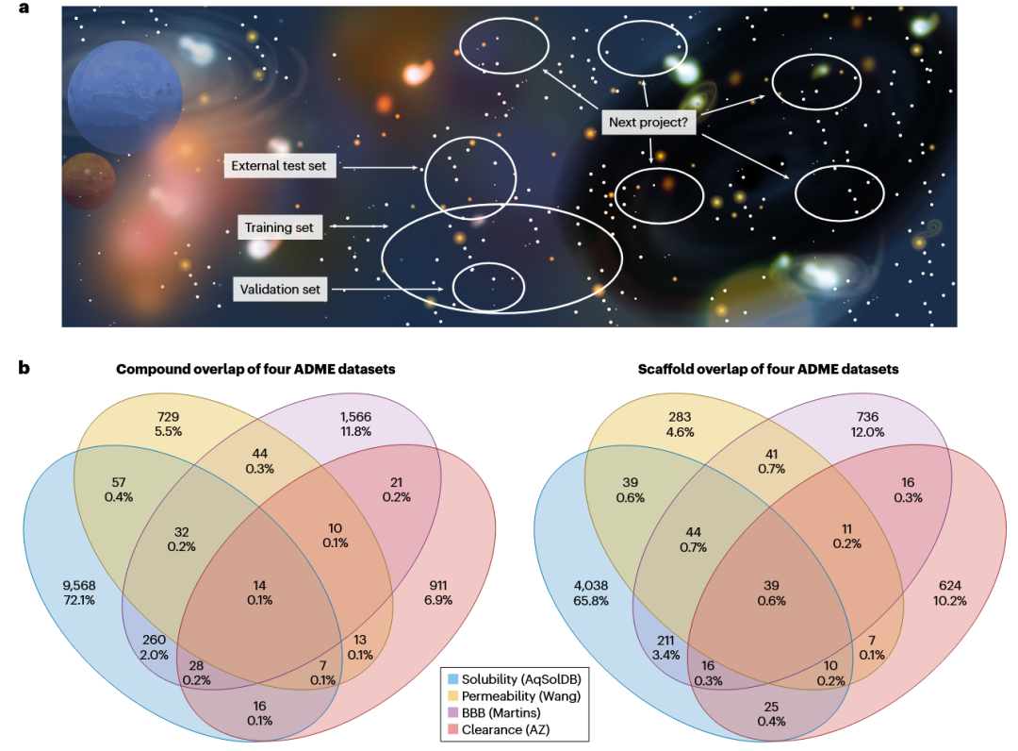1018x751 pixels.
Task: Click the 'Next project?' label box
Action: pyautogui.click(x=648, y=122)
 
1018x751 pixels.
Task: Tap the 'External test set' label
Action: pyautogui.click(x=279, y=166)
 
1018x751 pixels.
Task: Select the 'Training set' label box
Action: pyautogui.click(x=279, y=227)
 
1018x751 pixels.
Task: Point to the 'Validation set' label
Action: pyautogui.click(x=281, y=289)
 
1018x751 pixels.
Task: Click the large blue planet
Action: pyautogui.click(x=124, y=97)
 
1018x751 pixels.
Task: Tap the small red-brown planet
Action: pyautogui.click(x=89, y=181)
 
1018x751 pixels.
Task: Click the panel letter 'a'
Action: pyautogui.click(x=24, y=8)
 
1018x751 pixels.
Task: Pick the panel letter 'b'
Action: pyautogui.click(x=24, y=368)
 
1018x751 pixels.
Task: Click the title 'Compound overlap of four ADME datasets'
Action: pyautogui.click(x=255, y=369)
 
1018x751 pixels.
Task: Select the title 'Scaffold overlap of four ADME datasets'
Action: pyautogui.click(x=768, y=369)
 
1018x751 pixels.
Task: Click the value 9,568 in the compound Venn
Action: pyautogui.click(x=79, y=585)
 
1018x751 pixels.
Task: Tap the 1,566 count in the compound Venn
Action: pyautogui.click(x=355, y=417)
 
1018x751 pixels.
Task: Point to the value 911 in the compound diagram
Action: pyautogui.click(x=438, y=585)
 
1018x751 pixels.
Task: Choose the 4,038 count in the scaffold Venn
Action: pyautogui.click(x=591, y=585)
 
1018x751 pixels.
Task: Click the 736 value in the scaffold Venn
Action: pyautogui.click(x=867, y=417)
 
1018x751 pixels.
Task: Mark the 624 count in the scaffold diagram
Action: pyautogui.click(x=950, y=585)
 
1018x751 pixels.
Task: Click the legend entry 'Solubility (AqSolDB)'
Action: pyautogui.click(x=521, y=679)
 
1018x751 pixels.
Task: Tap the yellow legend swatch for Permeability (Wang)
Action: pyautogui.click(x=452, y=695)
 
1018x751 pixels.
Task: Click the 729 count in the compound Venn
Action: pyautogui.click(x=168, y=417)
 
